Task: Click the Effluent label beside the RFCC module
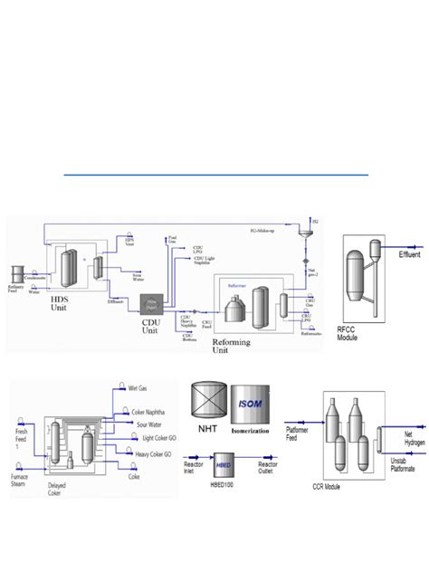410,255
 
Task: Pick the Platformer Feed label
300,434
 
